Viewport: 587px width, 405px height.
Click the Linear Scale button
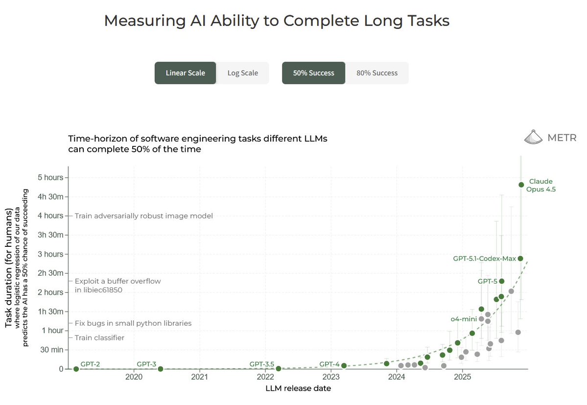[185, 73]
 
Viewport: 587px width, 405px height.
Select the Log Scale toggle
[242, 73]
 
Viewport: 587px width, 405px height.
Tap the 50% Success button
[313, 73]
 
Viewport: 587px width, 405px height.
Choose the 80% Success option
[377, 73]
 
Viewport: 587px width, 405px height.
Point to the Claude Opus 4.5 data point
[521, 185]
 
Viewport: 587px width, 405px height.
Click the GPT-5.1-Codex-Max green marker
[520, 259]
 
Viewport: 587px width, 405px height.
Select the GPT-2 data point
[76, 369]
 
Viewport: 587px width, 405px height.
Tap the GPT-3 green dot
[161, 369]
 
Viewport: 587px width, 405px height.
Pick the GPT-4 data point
[344, 366]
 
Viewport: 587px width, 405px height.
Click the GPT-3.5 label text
[262, 364]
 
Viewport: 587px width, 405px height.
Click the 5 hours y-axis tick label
[50, 177]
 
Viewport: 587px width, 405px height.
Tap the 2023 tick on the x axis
[331, 377]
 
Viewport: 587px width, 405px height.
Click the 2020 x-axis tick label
[134, 377]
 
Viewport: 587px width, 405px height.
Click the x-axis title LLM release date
[298, 388]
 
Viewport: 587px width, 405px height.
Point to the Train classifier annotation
[99, 338]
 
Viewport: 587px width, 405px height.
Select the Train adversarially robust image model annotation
[143, 216]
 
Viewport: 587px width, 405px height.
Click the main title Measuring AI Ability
[277, 21]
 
